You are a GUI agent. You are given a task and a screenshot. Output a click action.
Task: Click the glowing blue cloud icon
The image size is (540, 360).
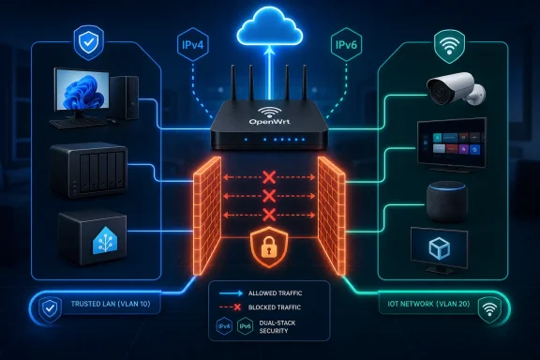coord(270,27)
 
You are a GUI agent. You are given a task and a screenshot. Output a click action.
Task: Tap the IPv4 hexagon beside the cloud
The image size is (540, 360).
coord(193,45)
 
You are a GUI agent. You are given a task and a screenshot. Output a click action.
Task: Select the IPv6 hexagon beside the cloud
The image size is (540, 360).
coord(346,45)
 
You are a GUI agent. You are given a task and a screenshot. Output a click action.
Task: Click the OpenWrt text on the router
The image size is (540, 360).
coord(269,121)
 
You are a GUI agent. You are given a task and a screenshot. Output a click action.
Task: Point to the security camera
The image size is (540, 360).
coord(456,88)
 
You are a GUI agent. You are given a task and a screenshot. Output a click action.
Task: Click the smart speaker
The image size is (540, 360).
coord(447,201)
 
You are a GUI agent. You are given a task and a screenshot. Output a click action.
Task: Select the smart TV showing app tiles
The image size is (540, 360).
coord(452,145)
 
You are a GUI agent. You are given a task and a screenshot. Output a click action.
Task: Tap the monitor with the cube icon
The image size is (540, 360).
coord(439,250)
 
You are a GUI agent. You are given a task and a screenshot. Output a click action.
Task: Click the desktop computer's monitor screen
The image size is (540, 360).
coord(82,89)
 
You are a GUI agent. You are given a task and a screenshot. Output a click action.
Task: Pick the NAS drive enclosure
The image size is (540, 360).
coord(89,171)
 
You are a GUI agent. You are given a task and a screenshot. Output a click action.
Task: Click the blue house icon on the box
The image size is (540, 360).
coord(105,240)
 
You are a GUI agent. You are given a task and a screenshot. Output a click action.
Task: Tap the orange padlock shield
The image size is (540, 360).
coord(269,247)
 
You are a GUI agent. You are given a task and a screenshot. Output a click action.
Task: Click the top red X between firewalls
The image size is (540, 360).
coord(269,177)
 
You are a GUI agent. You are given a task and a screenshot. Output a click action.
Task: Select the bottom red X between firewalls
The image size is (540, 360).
coord(269,215)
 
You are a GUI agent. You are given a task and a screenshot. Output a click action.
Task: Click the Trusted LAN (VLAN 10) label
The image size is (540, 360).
coord(111,304)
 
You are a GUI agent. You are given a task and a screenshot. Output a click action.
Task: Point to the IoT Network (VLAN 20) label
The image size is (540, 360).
coord(428,304)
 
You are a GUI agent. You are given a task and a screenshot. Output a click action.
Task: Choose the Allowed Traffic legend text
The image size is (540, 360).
coord(276,293)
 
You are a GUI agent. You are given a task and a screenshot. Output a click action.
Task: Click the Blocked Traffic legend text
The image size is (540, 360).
coord(275,307)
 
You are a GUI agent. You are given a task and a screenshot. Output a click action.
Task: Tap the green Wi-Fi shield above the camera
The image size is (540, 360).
coord(449,46)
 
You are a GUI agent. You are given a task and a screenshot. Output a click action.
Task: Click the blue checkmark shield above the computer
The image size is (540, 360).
coord(88,43)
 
